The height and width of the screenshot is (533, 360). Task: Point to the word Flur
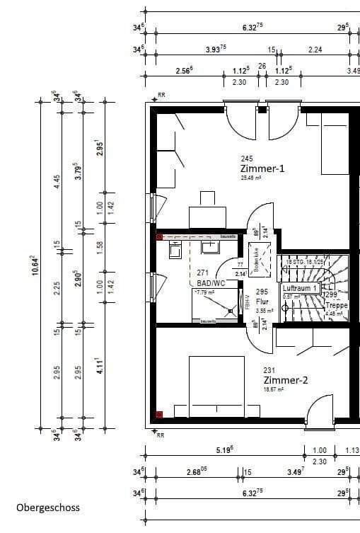262,301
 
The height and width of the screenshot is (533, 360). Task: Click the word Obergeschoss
48,508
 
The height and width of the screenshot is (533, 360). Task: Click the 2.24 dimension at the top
315,50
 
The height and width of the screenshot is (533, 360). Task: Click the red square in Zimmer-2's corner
160,415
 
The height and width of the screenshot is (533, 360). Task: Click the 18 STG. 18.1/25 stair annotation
305,263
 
